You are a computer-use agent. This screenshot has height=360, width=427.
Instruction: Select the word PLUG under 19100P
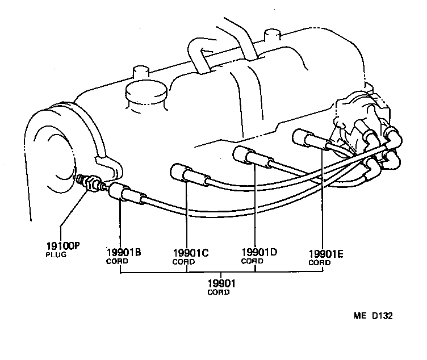pyautogui.click(x=56, y=256)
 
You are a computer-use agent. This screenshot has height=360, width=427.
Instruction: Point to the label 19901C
pyautogui.click(x=190, y=254)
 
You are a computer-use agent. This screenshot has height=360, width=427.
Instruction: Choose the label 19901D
pyautogui.click(x=259, y=253)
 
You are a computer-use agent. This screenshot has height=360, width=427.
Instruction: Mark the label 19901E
pyautogui.click(x=326, y=254)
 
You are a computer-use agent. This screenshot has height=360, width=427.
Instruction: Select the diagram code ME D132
pyautogui.click(x=372, y=316)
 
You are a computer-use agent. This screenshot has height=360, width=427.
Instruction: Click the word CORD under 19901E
pyautogui.click(x=319, y=263)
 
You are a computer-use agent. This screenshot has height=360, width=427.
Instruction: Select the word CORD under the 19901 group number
pyautogui.click(x=219, y=292)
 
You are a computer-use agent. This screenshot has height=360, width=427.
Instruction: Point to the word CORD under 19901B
pyautogui.click(x=118, y=262)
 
